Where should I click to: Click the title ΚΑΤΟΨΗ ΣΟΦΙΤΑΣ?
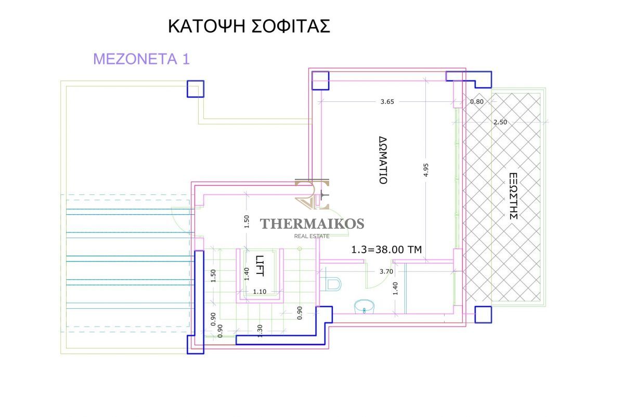(x=249, y=27)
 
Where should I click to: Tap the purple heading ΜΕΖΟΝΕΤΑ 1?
(x=141, y=59)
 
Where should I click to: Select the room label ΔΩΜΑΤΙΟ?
(x=383, y=160)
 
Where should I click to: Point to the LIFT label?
(x=259, y=266)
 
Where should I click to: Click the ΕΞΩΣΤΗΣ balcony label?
(x=513, y=196)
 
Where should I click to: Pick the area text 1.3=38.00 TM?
(x=386, y=250)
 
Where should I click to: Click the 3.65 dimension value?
(x=387, y=102)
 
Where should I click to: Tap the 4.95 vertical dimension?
(x=426, y=170)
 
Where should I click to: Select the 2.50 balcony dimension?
(x=500, y=122)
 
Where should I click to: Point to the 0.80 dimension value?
(x=477, y=102)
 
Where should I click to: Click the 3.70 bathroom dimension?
(x=386, y=271)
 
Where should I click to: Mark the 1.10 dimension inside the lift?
(x=259, y=292)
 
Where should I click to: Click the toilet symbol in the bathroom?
(x=332, y=284)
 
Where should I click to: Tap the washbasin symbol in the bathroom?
(x=364, y=306)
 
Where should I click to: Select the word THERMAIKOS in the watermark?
(x=312, y=224)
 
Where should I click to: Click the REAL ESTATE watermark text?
(x=311, y=236)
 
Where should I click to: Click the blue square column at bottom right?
(x=483, y=315)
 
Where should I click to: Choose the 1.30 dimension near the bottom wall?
(x=260, y=331)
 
